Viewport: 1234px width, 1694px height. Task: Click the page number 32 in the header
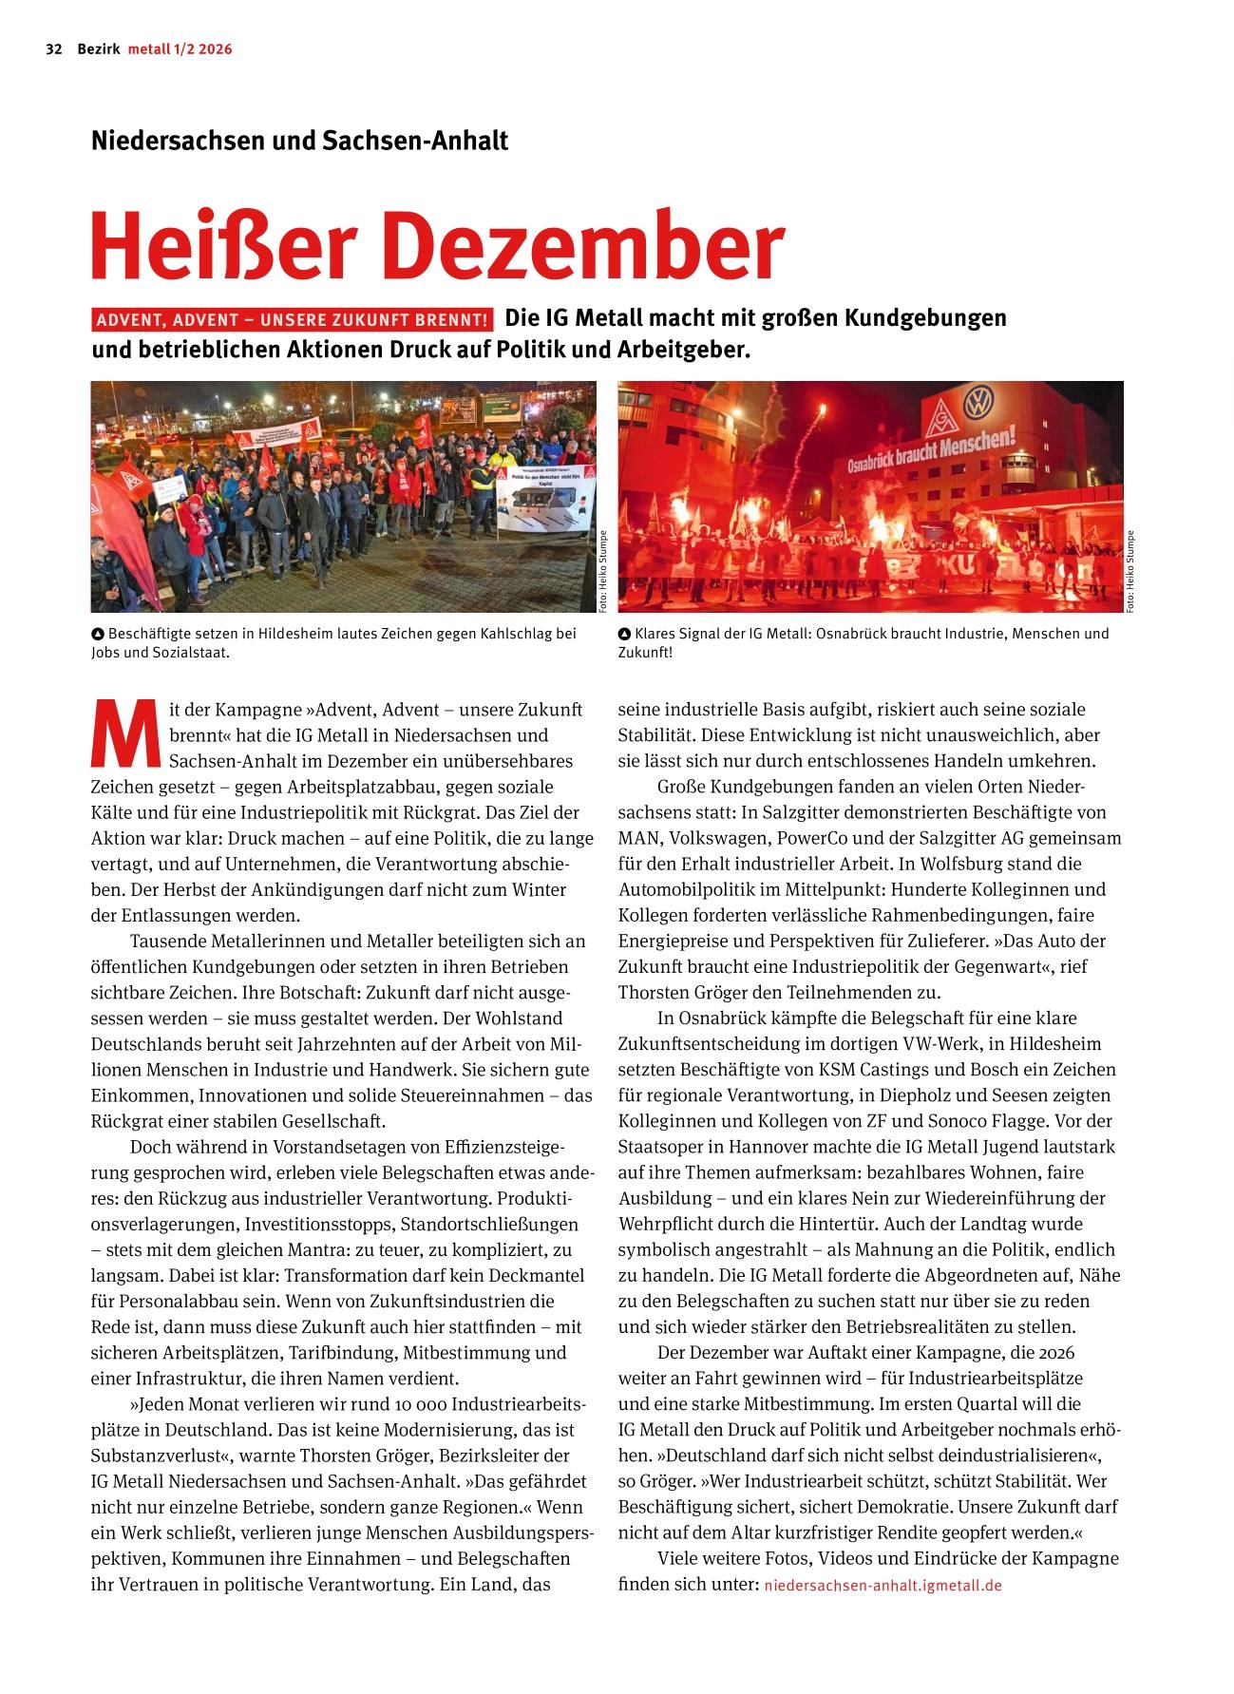(53, 49)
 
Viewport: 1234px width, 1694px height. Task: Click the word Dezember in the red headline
(582, 248)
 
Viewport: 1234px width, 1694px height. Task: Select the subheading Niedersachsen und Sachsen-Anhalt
(299, 141)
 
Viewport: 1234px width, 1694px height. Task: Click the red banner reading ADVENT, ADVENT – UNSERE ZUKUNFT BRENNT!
(293, 319)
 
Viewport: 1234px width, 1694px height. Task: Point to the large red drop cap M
(123, 734)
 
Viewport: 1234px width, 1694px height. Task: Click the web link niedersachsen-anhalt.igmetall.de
(883, 1586)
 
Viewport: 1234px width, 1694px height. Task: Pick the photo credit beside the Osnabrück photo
(1130, 569)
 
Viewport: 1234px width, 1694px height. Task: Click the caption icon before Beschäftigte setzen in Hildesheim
(97, 634)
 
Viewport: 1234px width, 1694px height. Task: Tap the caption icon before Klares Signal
(624, 634)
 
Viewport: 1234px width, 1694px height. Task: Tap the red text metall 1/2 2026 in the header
(180, 49)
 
